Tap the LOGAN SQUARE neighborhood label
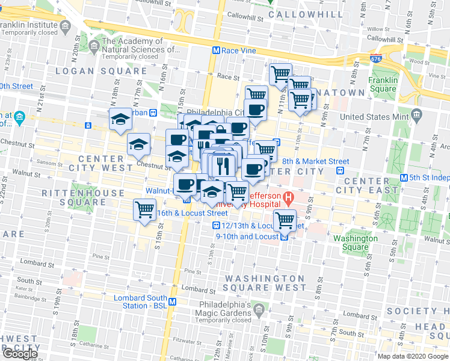pyautogui.click(x=101, y=71)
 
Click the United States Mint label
pyautogui.click(x=374, y=116)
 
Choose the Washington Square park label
pyautogui.click(x=356, y=242)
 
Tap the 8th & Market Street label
pyautogui.click(x=315, y=161)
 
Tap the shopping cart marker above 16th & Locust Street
pyautogui.click(x=145, y=211)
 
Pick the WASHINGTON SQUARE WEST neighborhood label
pyautogui.click(x=265, y=283)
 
